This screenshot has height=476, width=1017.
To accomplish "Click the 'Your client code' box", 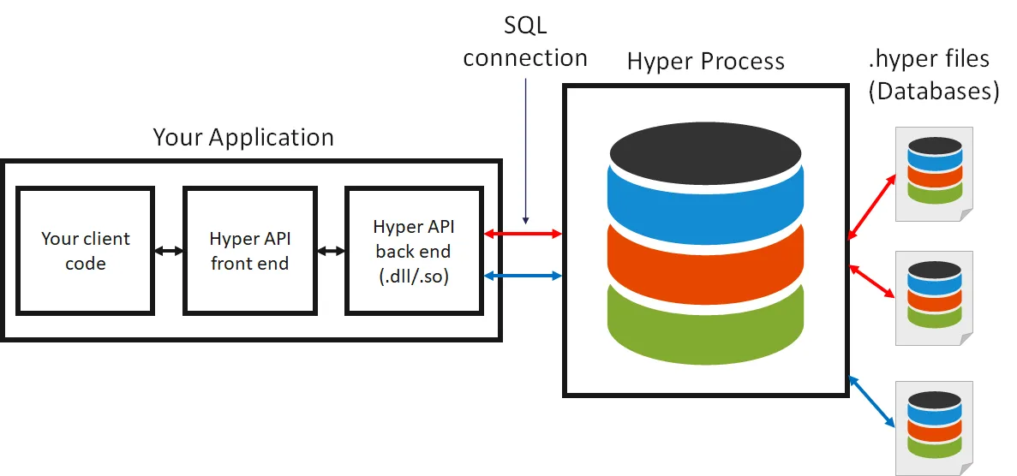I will point(86,251).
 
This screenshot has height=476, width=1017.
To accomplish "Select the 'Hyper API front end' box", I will point(249,251).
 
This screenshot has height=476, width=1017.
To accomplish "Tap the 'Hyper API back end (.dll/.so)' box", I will point(414,251).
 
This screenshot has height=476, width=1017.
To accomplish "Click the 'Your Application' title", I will point(243,137).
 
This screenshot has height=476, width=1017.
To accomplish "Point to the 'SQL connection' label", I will point(525,42).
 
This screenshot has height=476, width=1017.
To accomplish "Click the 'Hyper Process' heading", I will point(706,62).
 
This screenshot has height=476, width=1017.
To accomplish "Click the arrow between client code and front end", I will point(169,251).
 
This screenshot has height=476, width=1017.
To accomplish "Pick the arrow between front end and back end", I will point(330,251).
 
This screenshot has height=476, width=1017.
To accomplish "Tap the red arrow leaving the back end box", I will point(523,233).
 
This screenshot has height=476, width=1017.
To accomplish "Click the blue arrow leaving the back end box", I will point(523,275).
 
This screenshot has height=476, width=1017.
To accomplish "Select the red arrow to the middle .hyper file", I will point(872,281).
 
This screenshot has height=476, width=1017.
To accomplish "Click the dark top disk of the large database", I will point(705,152).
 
